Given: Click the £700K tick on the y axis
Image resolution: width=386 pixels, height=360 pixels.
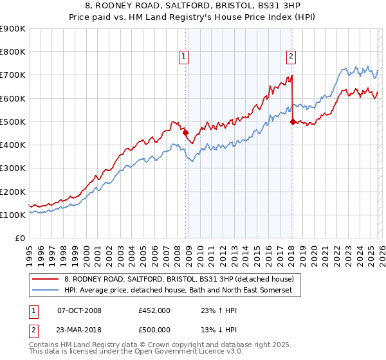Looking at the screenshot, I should [13, 75].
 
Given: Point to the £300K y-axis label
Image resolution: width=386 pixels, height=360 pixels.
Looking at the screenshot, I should [13, 168].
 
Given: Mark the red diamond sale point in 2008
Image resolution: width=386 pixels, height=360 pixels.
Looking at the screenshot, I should [186, 133].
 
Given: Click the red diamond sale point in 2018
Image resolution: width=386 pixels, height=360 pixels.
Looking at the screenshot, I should [293, 122].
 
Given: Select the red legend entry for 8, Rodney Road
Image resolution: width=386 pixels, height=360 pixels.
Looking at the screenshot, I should [179, 279].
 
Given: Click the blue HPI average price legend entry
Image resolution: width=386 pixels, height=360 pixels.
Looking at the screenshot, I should [178, 291].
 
